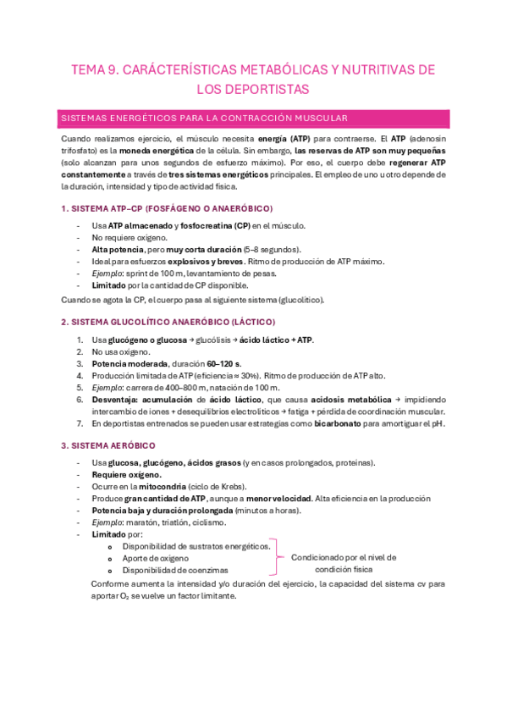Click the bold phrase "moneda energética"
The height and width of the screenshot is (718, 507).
click(143, 150)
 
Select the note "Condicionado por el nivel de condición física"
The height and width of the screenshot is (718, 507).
click(343, 563)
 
